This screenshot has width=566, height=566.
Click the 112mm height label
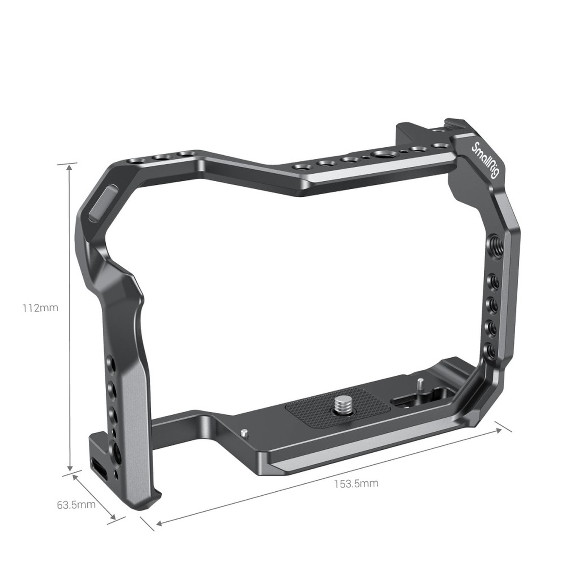tap(40, 308)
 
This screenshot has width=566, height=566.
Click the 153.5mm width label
tap(356, 483)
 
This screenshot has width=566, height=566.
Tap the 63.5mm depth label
tap(76, 505)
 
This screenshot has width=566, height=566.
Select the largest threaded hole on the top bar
tap(381, 154)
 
